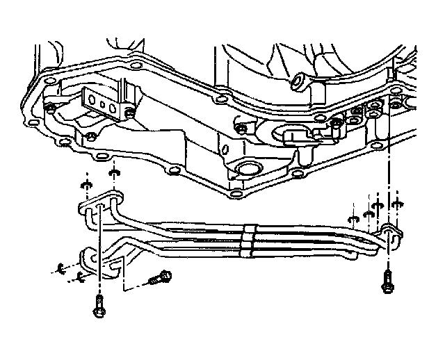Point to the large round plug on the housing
pos(246,170)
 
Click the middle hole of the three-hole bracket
pos(103,106)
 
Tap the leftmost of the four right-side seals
pos(353,222)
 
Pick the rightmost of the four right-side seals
pos(397,204)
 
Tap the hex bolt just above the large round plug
pos(241,129)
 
